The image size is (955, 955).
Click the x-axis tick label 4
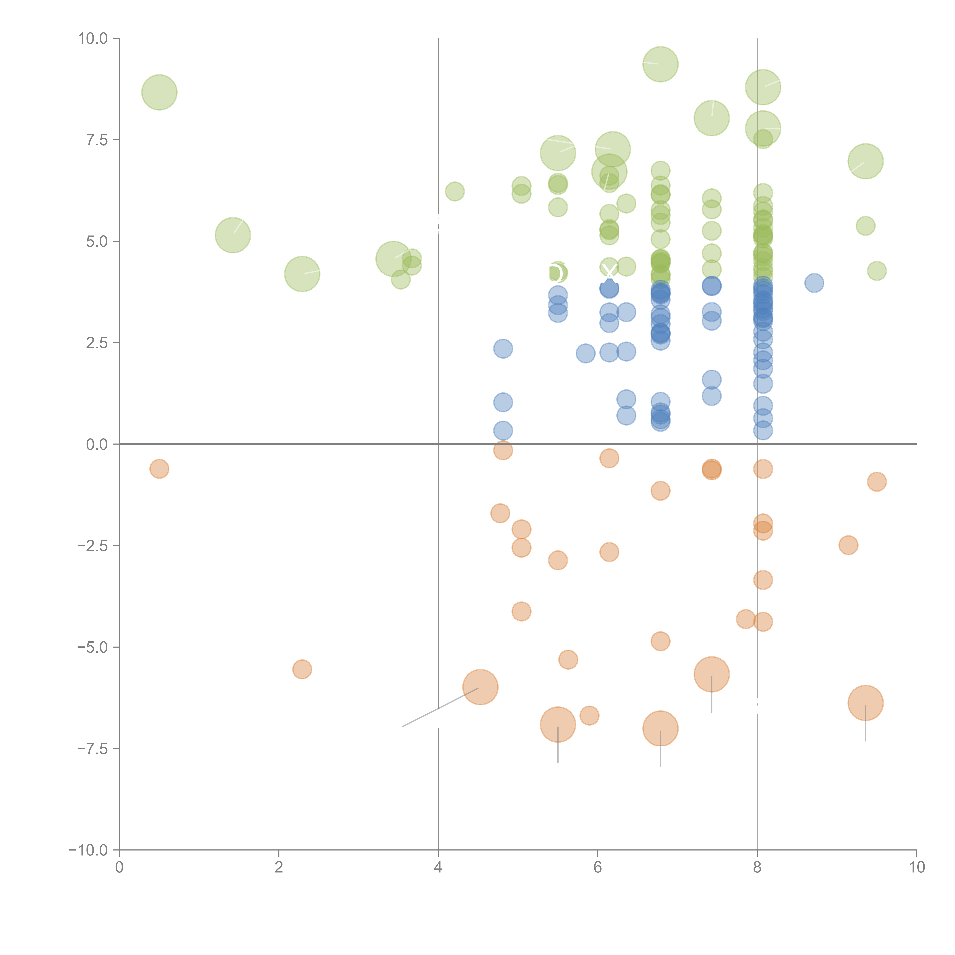438,868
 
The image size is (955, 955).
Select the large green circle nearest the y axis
159,92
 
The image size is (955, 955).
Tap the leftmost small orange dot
159,469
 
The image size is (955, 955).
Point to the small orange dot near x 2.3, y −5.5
302,669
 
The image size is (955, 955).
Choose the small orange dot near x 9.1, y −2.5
848,545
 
